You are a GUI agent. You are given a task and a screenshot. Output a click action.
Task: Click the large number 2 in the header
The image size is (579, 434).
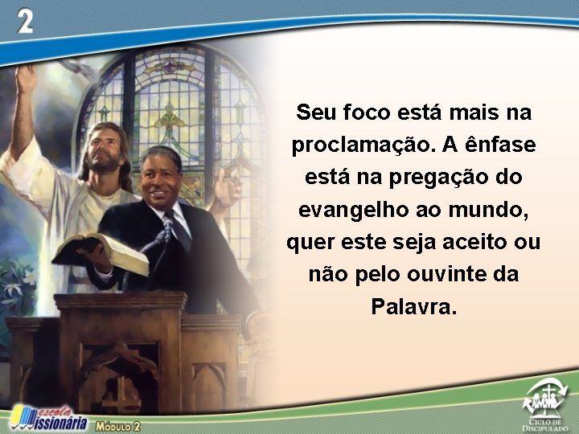(x=25, y=22)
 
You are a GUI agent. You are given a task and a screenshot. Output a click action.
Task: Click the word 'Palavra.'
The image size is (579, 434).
(x=413, y=306)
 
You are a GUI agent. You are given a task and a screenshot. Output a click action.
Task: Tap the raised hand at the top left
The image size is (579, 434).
(x=27, y=80)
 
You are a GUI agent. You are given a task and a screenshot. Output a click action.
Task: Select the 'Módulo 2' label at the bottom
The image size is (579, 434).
(x=118, y=426)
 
